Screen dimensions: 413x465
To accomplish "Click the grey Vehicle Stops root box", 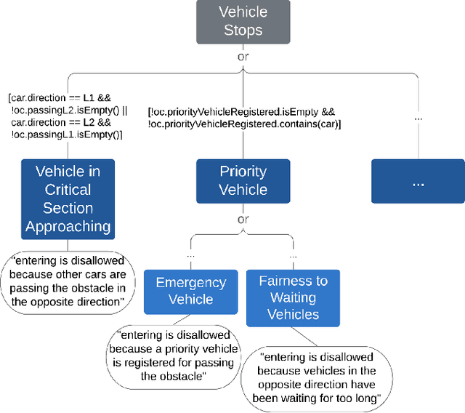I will (243, 22).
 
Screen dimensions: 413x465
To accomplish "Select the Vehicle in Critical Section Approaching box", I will (68, 199).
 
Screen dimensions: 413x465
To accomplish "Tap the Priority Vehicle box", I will (243, 180).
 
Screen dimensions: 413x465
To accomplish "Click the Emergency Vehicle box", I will (191, 290).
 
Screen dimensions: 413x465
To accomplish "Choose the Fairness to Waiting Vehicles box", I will (293, 297).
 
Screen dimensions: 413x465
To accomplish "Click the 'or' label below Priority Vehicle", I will (243, 219).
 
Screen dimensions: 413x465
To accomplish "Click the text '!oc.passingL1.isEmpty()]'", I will (67, 135).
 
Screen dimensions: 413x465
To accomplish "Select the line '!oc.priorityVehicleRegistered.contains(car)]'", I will (245, 124).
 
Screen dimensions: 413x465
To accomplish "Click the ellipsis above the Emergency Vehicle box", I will (190, 256).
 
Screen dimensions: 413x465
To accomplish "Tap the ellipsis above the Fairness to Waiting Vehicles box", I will (293, 256).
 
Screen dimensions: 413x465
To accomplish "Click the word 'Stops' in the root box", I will (243, 31).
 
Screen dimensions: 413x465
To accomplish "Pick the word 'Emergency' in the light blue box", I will (191, 282).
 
